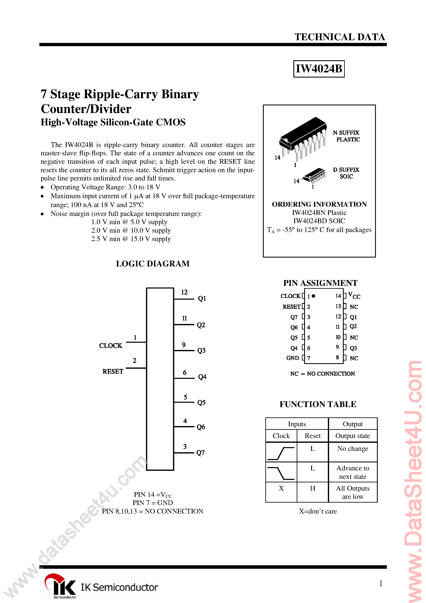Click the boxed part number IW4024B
[x=319, y=69]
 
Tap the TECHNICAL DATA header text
[x=340, y=37]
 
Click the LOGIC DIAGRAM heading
[x=153, y=264]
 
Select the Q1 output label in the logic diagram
[x=202, y=298]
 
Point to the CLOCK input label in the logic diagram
[x=111, y=346]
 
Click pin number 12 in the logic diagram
[x=184, y=292]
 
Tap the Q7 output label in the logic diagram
[x=200, y=452]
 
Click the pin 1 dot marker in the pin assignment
[x=313, y=296]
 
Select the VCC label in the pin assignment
[x=354, y=296]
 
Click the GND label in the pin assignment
[x=293, y=358]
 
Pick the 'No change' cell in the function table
[x=352, y=449]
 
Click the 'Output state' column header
[x=352, y=436]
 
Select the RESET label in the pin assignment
[x=291, y=306]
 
